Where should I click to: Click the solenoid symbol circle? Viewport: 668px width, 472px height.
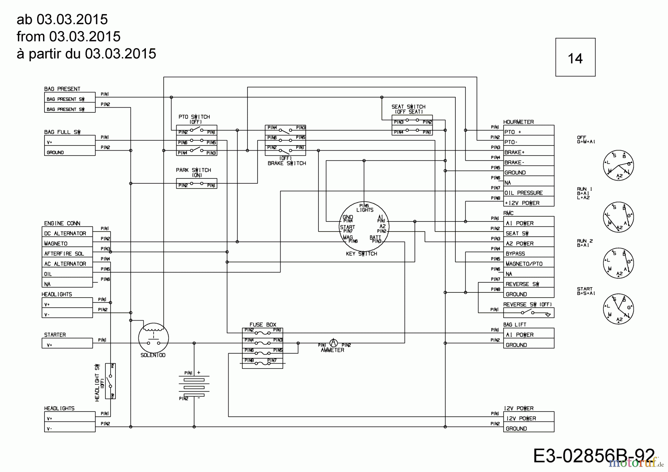[153, 338]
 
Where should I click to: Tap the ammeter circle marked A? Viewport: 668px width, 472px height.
[333, 343]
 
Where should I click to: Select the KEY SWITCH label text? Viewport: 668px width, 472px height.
[361, 254]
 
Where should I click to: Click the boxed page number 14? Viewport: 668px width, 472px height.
[575, 58]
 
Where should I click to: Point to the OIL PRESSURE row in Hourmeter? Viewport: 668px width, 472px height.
[528, 193]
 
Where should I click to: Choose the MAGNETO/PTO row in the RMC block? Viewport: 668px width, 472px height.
[528, 264]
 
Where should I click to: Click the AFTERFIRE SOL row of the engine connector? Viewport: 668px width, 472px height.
[67, 254]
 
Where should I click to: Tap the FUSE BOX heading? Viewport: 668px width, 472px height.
[263, 325]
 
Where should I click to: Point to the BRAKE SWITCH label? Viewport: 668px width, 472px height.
[287, 163]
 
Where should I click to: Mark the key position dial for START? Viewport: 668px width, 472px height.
[618, 309]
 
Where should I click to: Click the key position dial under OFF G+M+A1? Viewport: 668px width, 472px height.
[618, 165]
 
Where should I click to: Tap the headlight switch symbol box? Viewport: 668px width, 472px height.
[110, 381]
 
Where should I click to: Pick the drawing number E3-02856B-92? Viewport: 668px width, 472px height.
[593, 455]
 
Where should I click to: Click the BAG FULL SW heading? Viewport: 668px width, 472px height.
[62, 132]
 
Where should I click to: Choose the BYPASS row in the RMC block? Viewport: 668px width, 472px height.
[528, 254]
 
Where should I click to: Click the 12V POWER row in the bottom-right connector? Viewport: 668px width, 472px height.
[528, 419]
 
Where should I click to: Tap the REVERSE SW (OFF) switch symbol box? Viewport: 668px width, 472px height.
[528, 313]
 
